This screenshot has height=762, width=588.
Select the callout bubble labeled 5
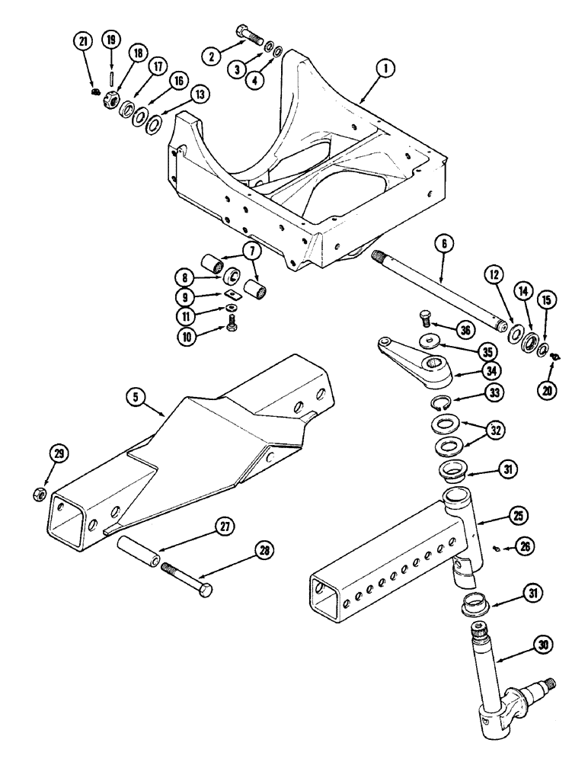pos(134,396)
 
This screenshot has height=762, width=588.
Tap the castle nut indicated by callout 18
pos(109,98)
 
